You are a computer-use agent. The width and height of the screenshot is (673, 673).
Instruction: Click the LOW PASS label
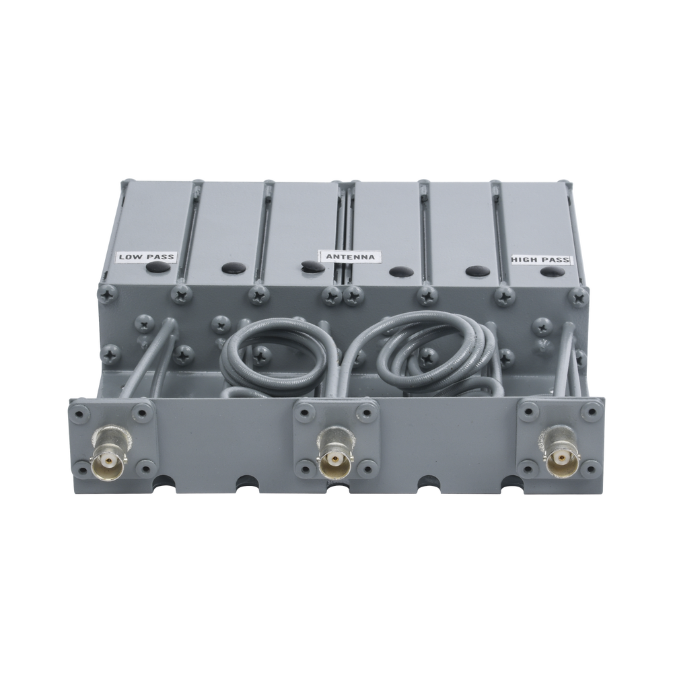[147, 257]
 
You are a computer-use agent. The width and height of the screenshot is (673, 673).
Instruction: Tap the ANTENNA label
[351, 256]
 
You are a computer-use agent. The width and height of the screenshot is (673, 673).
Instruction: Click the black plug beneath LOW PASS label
[157, 268]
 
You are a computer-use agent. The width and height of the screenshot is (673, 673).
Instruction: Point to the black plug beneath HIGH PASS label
[553, 271]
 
